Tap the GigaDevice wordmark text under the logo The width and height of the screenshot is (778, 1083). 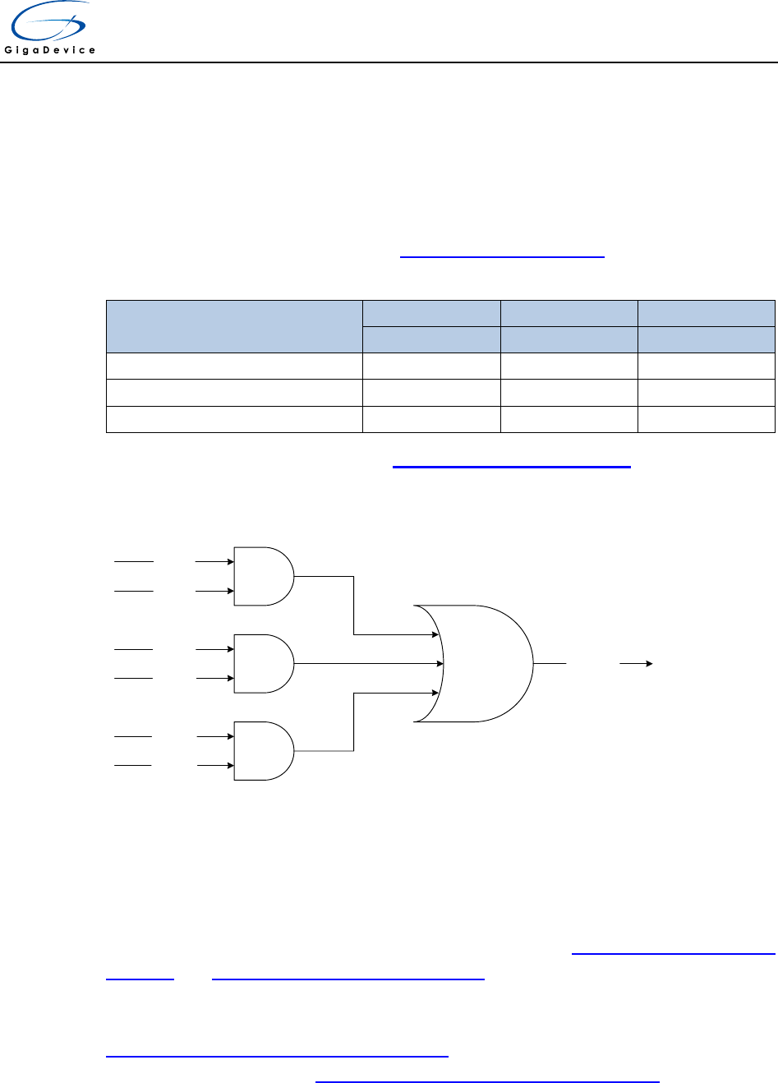(x=51, y=50)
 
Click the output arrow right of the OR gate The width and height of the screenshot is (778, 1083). (x=636, y=662)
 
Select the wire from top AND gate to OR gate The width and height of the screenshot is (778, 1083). (x=354, y=606)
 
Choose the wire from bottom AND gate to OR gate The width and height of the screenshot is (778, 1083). (x=354, y=721)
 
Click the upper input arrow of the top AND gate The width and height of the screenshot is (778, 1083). (x=214, y=562)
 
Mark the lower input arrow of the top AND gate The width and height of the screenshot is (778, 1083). (x=214, y=591)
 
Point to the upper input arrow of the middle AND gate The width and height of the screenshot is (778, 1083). (x=214, y=649)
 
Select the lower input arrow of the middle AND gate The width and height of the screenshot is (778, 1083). (x=214, y=678)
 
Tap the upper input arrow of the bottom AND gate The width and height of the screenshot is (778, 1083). (x=214, y=737)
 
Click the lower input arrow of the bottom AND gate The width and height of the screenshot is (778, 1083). (x=214, y=766)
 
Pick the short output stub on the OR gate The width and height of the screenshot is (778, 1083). (x=550, y=662)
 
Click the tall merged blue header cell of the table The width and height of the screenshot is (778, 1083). (x=234, y=326)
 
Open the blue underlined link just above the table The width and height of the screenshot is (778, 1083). (x=502, y=256)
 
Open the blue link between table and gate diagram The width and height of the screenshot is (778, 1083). (x=511, y=466)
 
